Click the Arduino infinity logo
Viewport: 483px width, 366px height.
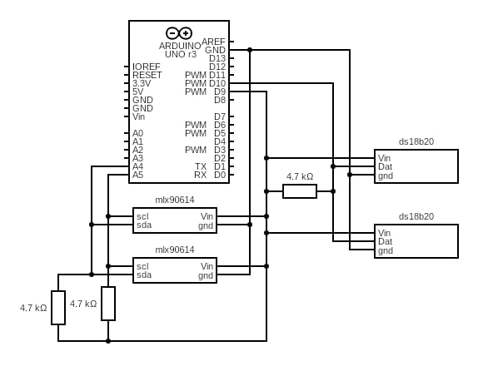(179, 33)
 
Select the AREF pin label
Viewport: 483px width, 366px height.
(213, 42)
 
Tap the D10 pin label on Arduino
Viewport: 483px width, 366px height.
(217, 83)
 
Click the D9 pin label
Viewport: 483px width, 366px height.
(220, 91)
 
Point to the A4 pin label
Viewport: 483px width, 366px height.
(137, 166)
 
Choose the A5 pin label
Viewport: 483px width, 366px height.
(137, 175)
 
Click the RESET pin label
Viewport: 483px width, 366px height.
(147, 75)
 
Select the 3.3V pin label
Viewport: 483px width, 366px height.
(142, 83)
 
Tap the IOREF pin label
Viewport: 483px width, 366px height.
(147, 67)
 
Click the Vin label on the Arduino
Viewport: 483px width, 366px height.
(138, 117)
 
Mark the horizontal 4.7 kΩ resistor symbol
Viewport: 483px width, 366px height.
(300, 191)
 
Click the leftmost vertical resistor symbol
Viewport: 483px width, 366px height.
(58, 308)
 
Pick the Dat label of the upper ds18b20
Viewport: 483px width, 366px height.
(385, 166)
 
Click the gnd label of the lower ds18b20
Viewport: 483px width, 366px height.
(386, 250)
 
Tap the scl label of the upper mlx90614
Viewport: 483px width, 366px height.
(142, 216)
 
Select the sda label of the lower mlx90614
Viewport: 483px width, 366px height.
(144, 274)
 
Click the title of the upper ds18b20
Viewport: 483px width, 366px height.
(416, 141)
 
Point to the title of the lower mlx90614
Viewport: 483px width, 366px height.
(175, 250)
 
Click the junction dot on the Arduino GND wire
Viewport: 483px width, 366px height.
(250, 50)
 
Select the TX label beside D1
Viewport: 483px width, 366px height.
(201, 166)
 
